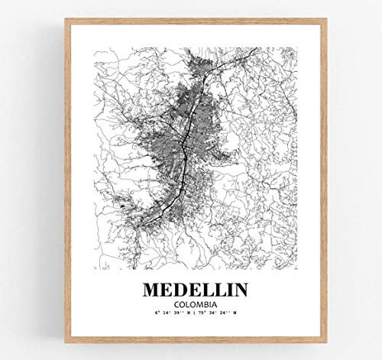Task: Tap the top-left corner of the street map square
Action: click(93, 48)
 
